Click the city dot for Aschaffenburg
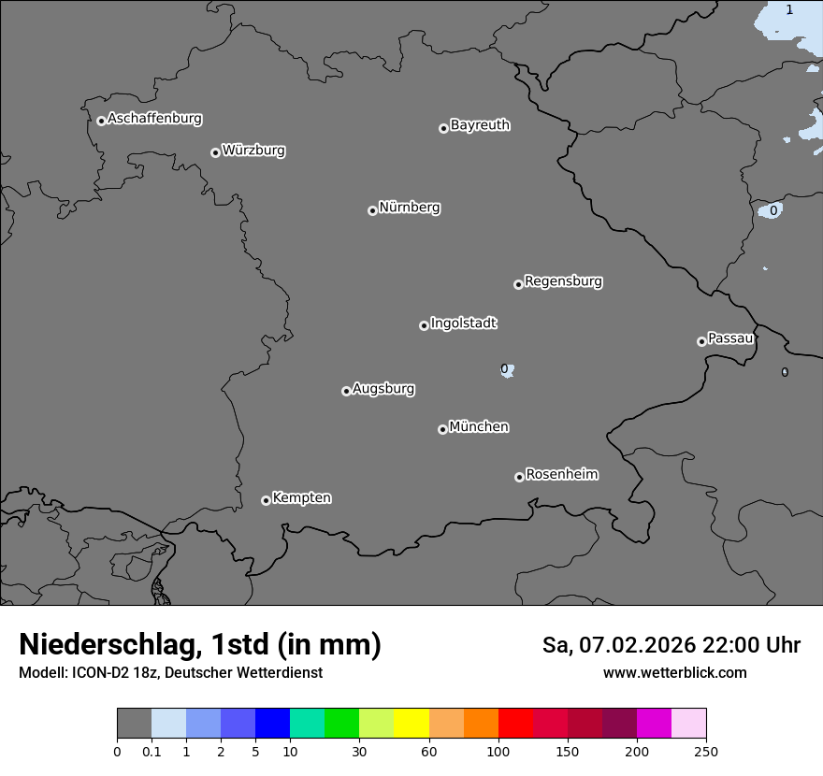point(101,121)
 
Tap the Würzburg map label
point(253,151)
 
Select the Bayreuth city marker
point(443,128)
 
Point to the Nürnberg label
point(409,208)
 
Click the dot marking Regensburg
point(518,284)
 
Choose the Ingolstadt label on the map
point(463,323)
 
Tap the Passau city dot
point(701,341)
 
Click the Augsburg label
point(383,389)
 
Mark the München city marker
point(442,429)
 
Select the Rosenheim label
point(561,474)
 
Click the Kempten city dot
point(266,500)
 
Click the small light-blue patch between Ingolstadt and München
point(507,370)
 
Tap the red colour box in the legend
point(515,724)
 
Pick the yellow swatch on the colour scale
point(411,724)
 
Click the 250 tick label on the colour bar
point(706,751)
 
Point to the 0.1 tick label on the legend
point(152,751)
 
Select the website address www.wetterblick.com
point(674,672)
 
